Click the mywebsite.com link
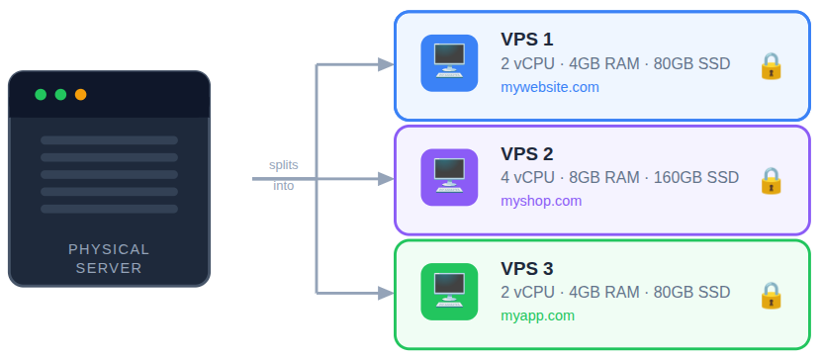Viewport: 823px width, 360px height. (x=550, y=87)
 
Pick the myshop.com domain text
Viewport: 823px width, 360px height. (x=541, y=202)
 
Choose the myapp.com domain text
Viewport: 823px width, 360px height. (x=537, y=316)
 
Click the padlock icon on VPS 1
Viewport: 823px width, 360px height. (x=771, y=65)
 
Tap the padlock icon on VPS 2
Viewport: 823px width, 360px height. (x=771, y=180)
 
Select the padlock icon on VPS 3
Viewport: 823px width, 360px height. (x=771, y=295)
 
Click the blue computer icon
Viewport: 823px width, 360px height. (x=449, y=63)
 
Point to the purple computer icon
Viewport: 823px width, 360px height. (x=449, y=178)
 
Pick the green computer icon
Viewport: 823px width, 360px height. (x=449, y=293)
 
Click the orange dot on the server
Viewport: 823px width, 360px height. (x=81, y=95)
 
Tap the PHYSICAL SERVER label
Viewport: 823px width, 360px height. (x=109, y=259)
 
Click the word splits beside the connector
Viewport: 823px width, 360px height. (x=284, y=165)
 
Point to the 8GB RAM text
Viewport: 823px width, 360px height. (x=604, y=178)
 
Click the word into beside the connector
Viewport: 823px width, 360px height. (x=284, y=186)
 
